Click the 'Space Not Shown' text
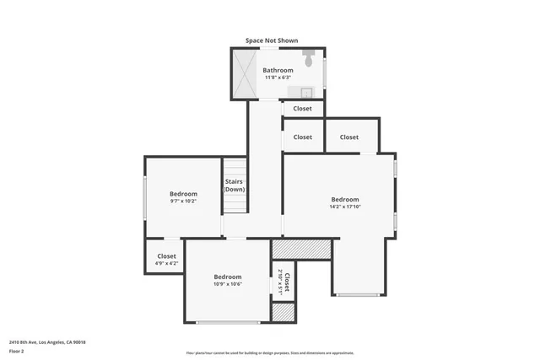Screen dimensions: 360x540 (x=271, y=40)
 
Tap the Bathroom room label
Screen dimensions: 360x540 (x=278, y=70)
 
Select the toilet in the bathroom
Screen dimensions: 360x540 (x=309, y=60)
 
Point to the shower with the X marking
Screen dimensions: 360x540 (x=246, y=73)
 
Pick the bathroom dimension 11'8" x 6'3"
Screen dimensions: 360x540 (x=278, y=78)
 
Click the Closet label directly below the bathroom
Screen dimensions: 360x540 (x=302, y=109)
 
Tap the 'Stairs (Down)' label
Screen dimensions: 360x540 (x=234, y=185)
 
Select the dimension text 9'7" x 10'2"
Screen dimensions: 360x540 (x=183, y=201)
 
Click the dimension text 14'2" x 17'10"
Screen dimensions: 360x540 (x=345, y=207)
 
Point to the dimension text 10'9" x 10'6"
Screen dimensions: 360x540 (x=227, y=284)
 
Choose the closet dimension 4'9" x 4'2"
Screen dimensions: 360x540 (x=166, y=263)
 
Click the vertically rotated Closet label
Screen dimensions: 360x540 (x=287, y=282)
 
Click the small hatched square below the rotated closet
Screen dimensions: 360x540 (x=283, y=312)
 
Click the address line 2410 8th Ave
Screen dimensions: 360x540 (x=47, y=341)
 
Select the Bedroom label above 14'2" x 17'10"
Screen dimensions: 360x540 (x=345, y=199)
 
